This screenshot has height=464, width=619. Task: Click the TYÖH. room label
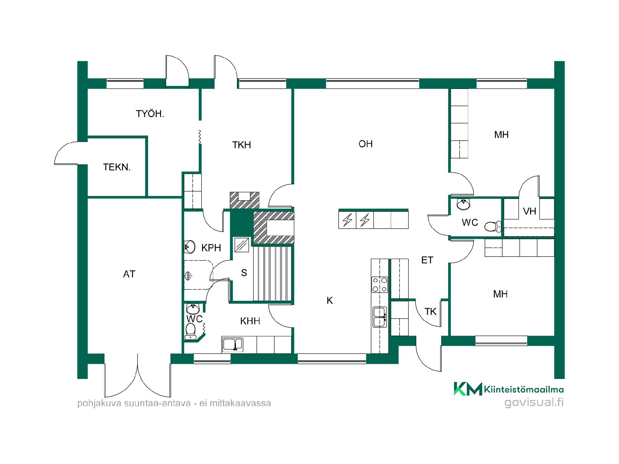click(x=150, y=114)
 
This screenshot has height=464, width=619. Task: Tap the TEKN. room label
click(x=117, y=167)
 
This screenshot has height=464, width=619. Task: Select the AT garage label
click(x=129, y=274)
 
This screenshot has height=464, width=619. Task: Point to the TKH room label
click(x=241, y=145)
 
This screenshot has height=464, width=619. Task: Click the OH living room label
click(x=366, y=144)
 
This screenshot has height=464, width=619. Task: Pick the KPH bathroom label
click(x=211, y=248)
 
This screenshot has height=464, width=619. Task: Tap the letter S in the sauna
click(x=244, y=273)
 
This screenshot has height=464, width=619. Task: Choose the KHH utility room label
click(x=250, y=321)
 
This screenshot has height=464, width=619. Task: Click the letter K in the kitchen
click(x=329, y=301)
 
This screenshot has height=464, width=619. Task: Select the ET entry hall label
click(x=427, y=260)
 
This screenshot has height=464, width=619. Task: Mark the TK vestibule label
click(x=430, y=312)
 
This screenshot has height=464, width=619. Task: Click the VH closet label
click(x=529, y=211)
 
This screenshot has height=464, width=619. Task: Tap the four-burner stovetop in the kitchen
click(x=380, y=285)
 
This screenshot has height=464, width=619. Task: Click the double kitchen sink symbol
click(x=380, y=317)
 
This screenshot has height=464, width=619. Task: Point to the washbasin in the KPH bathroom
click(x=190, y=247)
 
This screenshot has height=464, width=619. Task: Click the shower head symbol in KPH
click(x=188, y=275)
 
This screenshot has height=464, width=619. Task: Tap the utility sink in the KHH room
click(x=232, y=344)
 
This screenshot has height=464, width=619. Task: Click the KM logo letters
click(x=468, y=389)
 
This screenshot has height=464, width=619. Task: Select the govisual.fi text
click(x=534, y=402)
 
